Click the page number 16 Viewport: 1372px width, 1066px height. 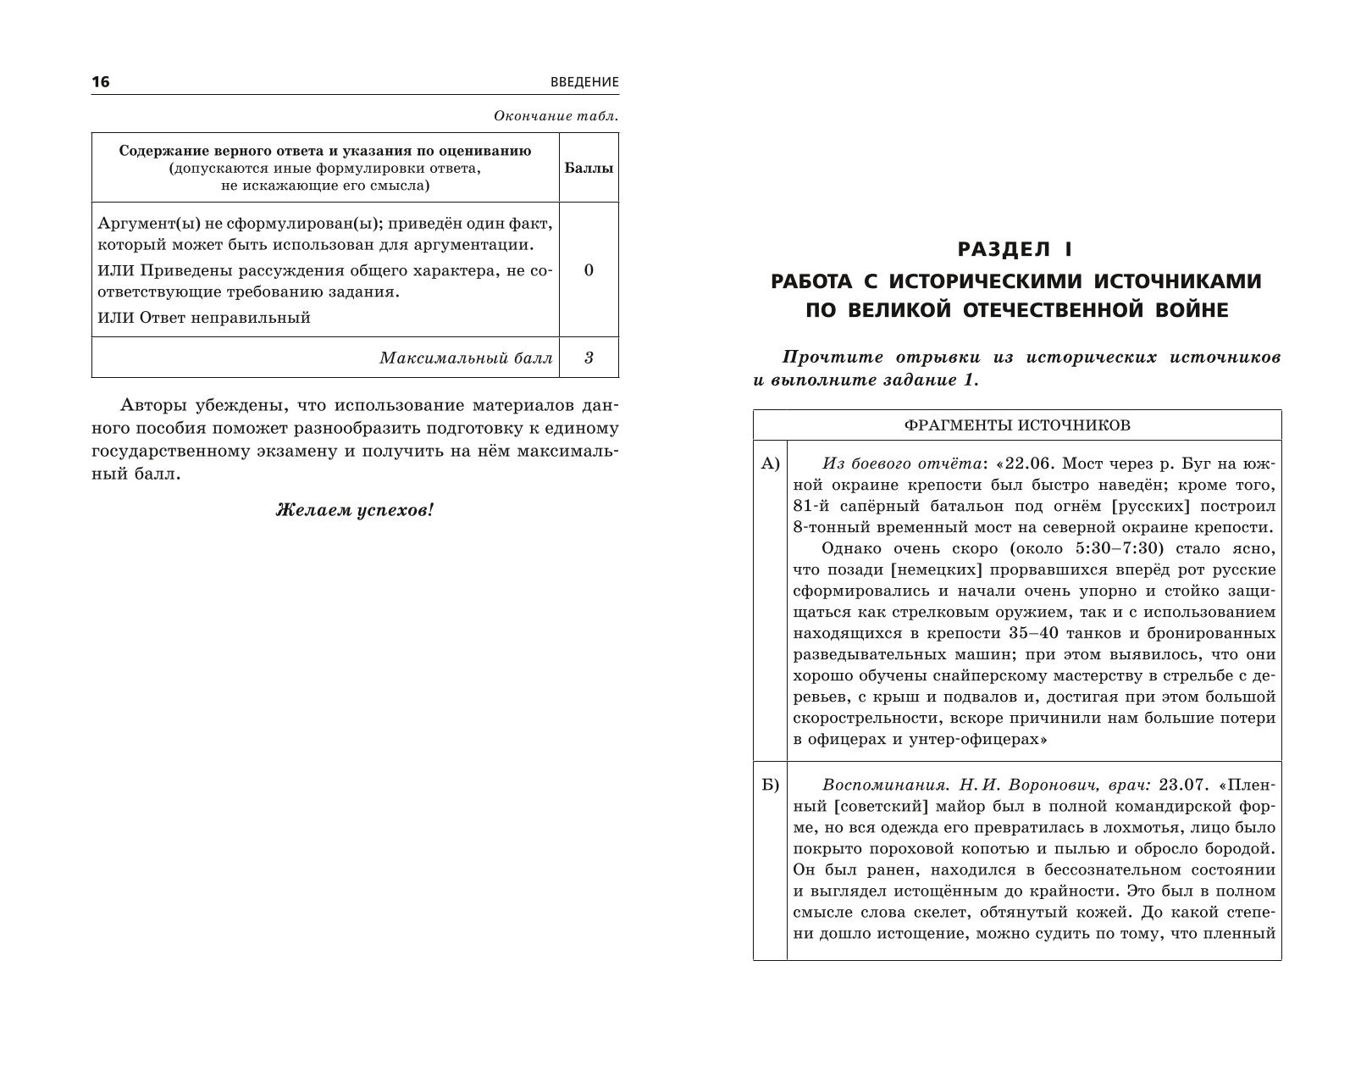point(101,82)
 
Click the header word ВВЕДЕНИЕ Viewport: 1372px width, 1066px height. point(584,82)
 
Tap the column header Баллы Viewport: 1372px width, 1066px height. point(589,168)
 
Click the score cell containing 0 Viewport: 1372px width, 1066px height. point(589,270)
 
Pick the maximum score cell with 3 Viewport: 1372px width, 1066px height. point(589,358)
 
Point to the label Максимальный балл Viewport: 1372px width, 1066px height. point(466,358)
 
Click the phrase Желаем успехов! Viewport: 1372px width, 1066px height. point(354,510)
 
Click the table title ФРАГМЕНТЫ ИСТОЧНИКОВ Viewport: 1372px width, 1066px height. point(1016,425)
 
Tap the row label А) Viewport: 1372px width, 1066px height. point(769,464)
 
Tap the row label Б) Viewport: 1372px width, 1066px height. point(769,786)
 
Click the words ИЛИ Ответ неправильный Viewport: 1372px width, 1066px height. point(204,318)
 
